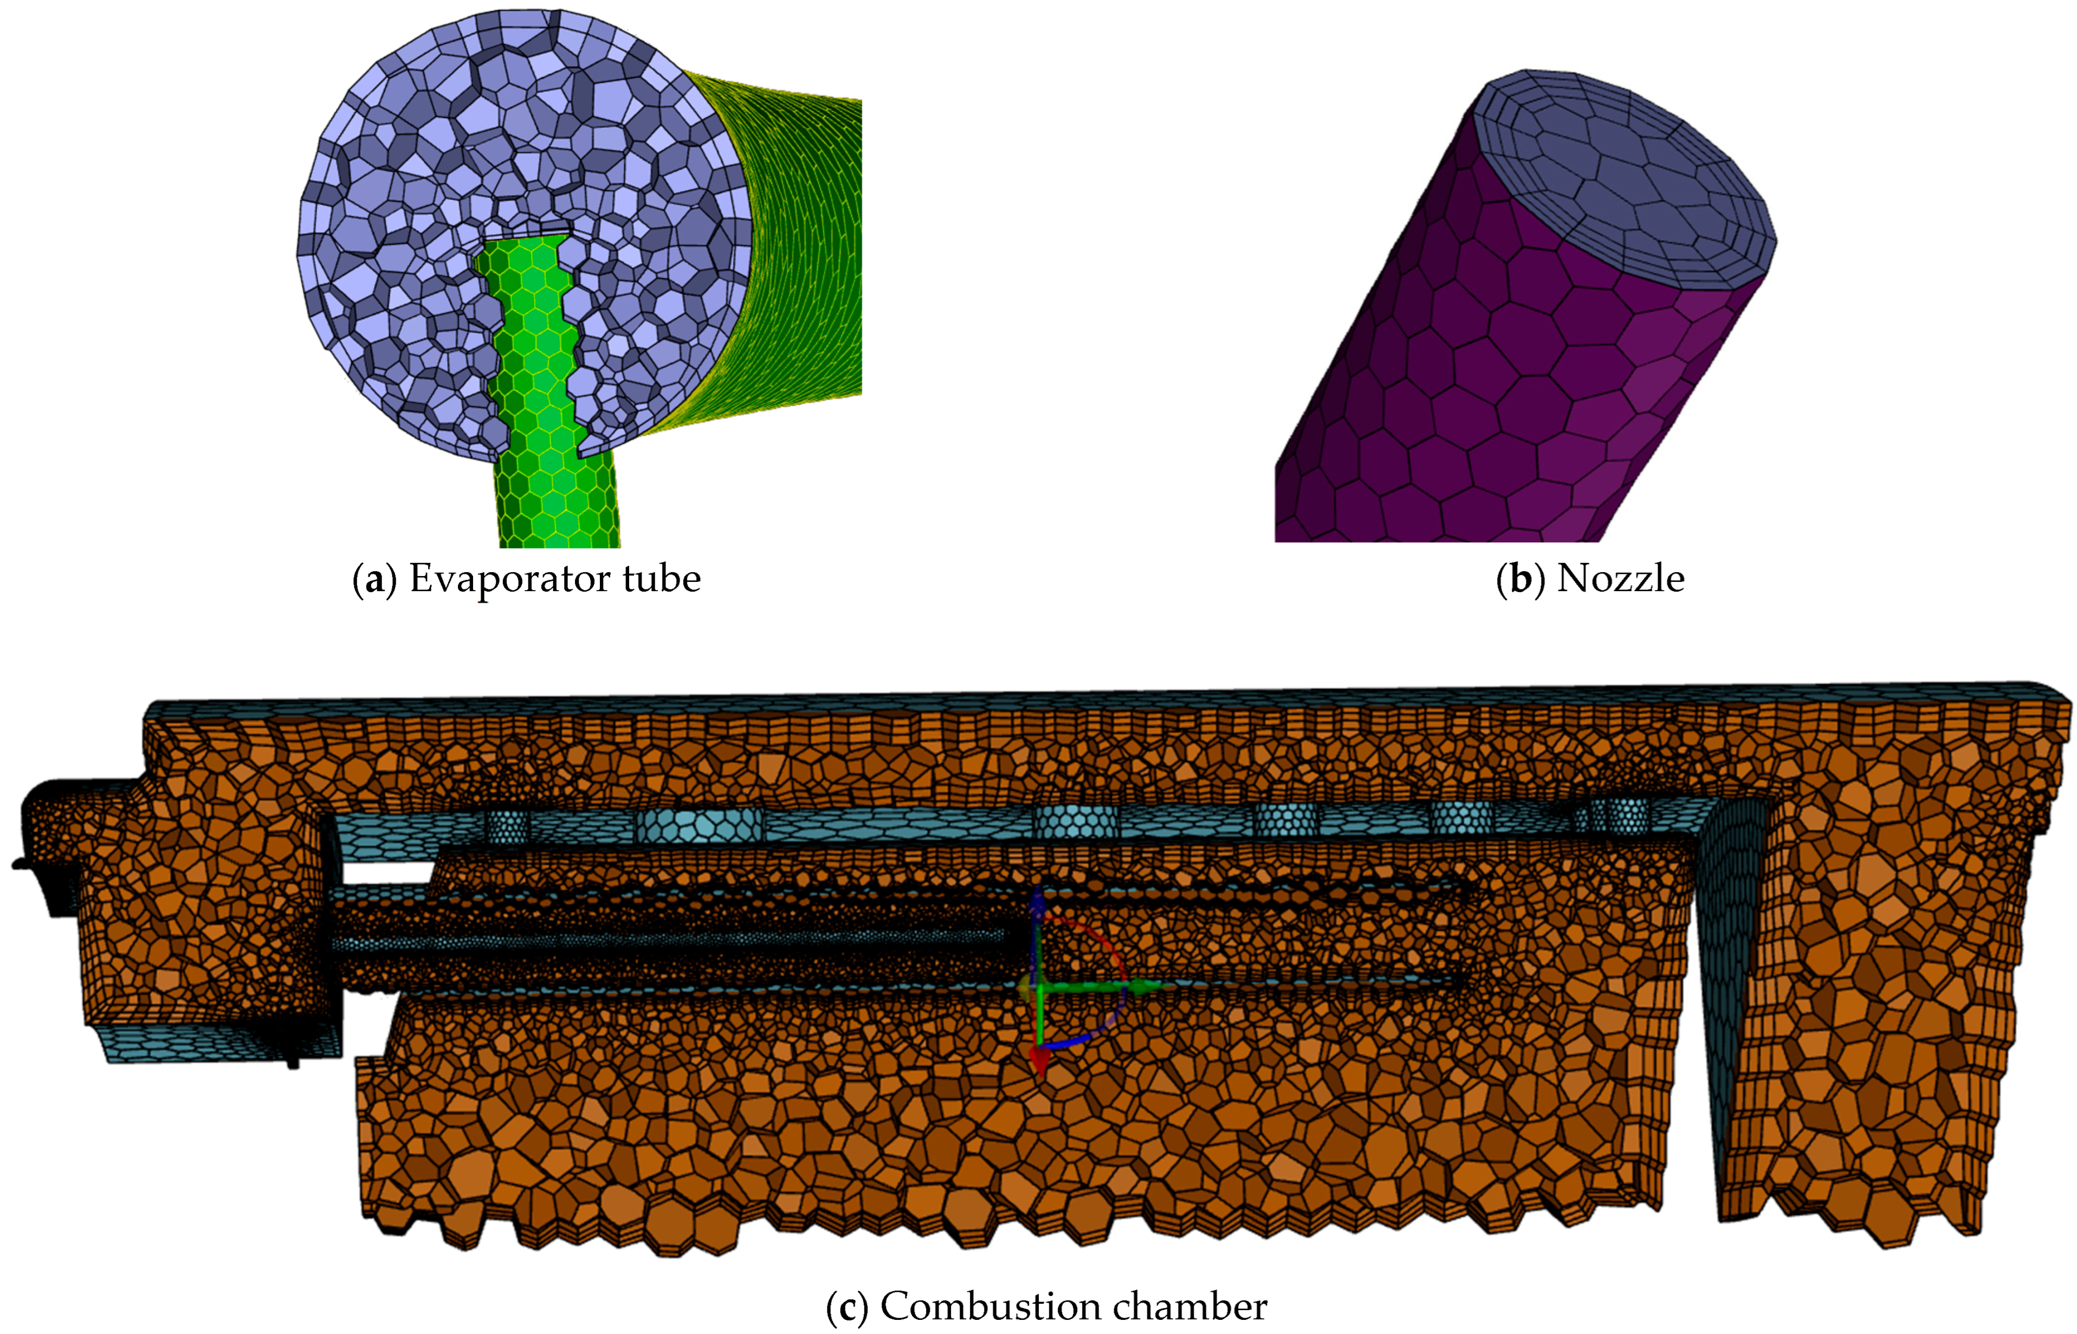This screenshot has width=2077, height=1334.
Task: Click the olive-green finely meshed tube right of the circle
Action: point(806,243)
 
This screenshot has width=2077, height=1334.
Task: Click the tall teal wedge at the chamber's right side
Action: point(1724,996)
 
